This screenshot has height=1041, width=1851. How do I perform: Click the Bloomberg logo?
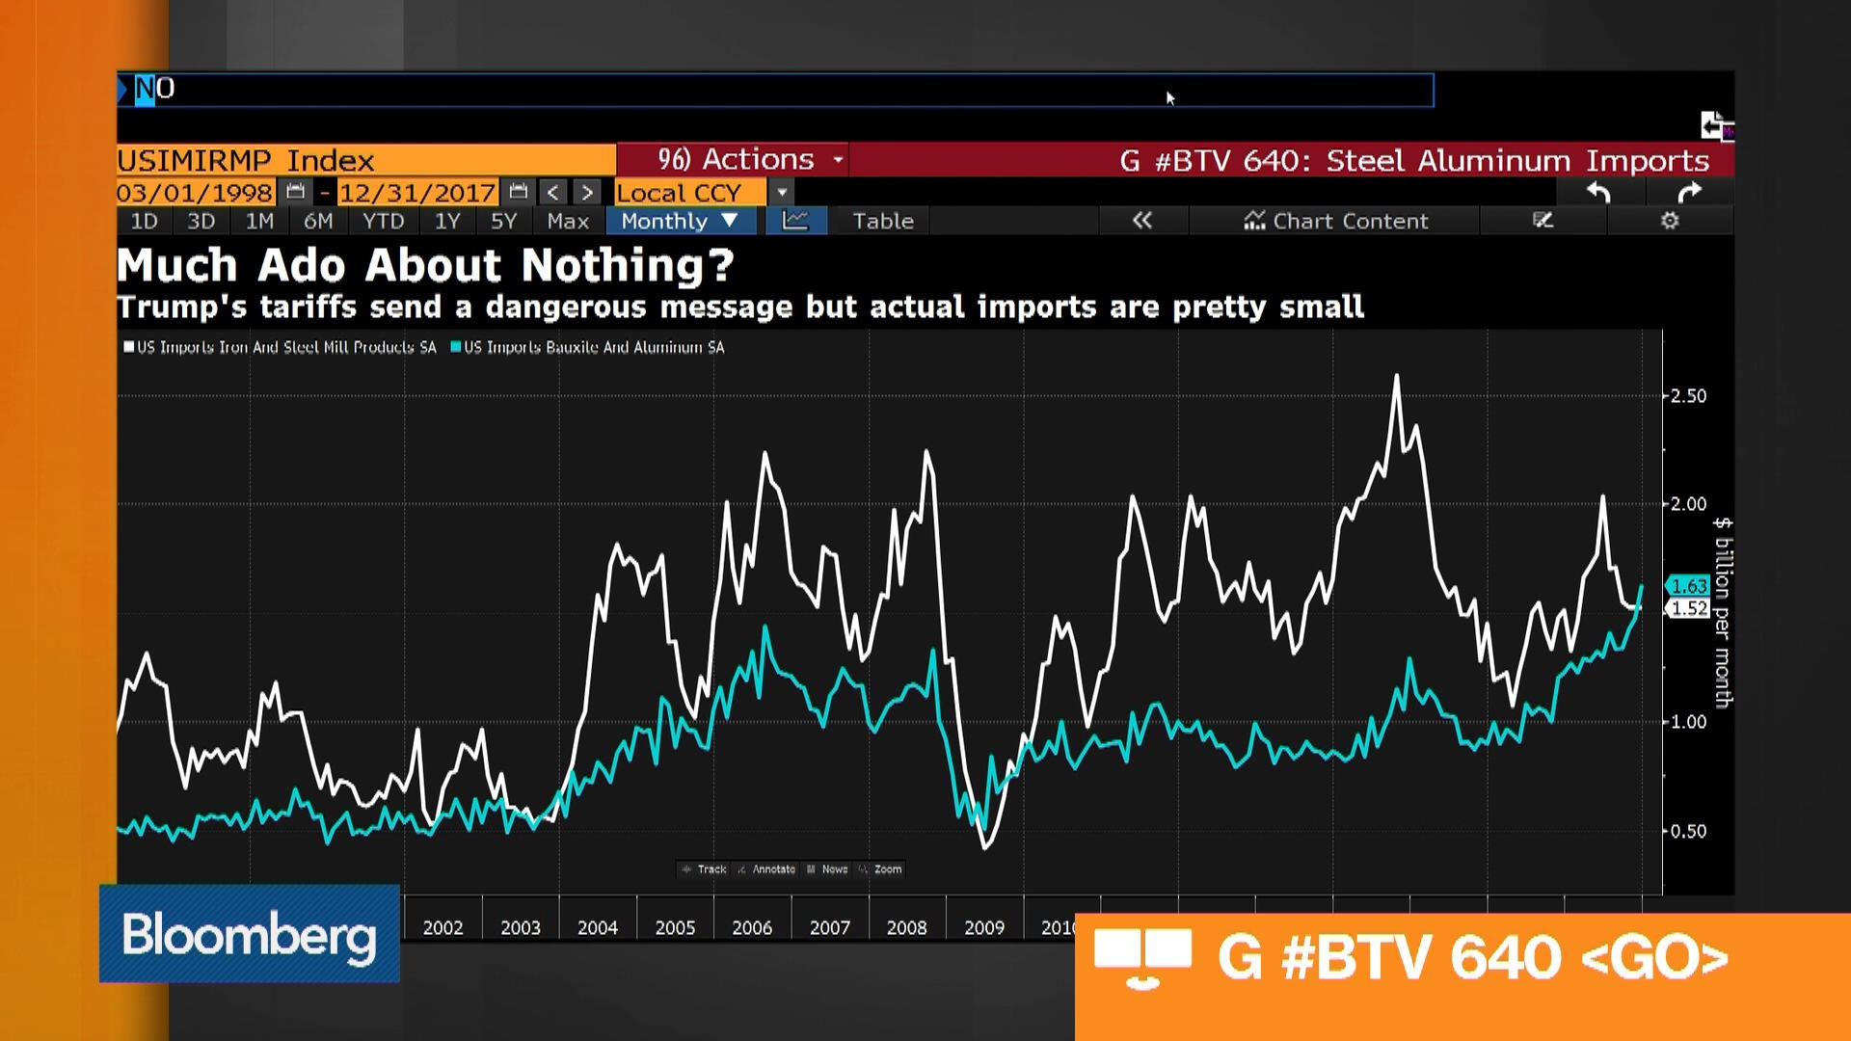tap(249, 934)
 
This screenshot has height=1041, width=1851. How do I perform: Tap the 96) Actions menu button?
tap(736, 159)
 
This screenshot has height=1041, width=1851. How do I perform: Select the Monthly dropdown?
tap(679, 221)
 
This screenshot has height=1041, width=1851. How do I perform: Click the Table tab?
tap(882, 221)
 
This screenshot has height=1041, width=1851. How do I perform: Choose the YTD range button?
tap(383, 221)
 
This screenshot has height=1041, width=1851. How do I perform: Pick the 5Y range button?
tap(503, 221)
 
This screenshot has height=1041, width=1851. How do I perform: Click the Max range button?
tap(567, 221)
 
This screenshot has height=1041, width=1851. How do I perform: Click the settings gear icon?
tap(1670, 221)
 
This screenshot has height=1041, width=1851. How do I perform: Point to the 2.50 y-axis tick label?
tap(1688, 396)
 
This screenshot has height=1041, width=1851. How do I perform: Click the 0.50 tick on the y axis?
tap(1688, 831)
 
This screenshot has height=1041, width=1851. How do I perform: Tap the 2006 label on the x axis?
tap(752, 927)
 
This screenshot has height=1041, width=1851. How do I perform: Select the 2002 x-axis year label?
tap(443, 927)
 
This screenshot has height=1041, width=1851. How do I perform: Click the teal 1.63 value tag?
tap(1688, 586)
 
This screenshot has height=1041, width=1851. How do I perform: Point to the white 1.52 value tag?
tap(1688, 608)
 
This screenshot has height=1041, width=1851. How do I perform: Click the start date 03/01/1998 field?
tap(195, 193)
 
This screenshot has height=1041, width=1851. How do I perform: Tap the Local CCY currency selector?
tap(679, 193)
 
